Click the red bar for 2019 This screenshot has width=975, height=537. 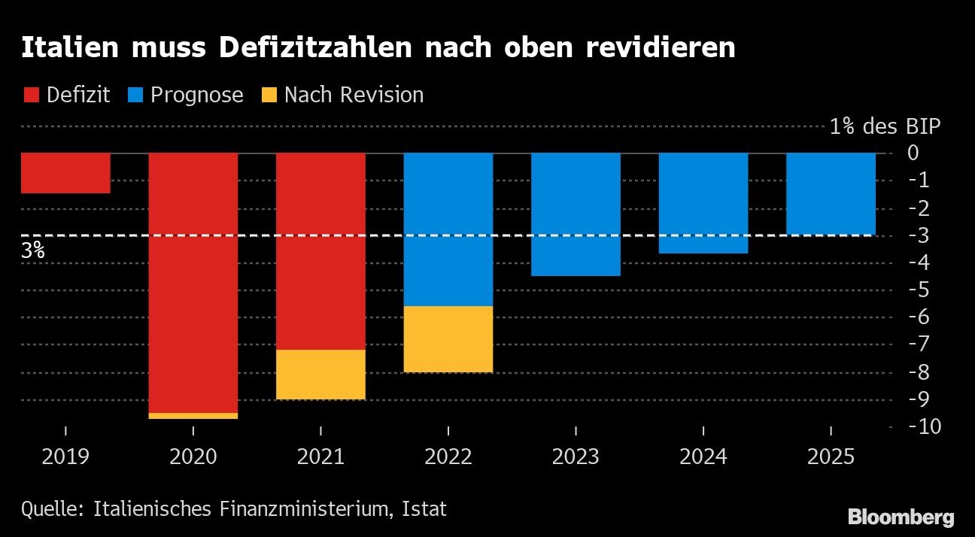point(65,173)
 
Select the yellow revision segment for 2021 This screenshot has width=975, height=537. point(320,374)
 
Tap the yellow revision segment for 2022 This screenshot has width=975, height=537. point(448,338)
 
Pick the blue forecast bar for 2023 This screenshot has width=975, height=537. point(576,214)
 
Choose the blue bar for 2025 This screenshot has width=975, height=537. point(831,194)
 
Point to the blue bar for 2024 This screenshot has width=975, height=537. point(703,203)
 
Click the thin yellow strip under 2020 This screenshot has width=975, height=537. point(193,415)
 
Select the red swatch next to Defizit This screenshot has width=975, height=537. point(32,96)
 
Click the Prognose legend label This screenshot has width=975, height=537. point(196,96)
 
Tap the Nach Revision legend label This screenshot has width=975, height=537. point(354,96)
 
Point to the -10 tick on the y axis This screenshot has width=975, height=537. point(923,426)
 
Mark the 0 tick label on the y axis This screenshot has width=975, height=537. point(913,153)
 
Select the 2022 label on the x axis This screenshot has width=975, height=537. point(448,457)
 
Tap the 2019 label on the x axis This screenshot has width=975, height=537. point(65,457)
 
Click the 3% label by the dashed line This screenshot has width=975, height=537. point(33,250)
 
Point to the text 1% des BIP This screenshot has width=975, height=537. point(885,126)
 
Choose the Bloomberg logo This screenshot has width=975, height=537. point(901,517)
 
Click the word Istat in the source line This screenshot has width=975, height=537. point(424,509)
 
